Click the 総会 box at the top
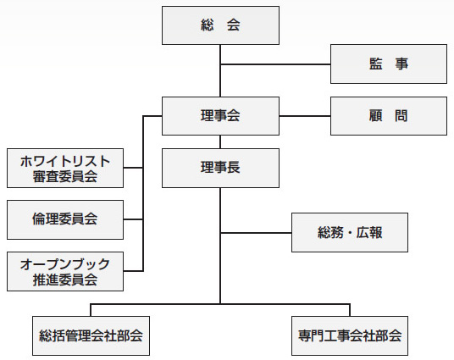click(x=220, y=25)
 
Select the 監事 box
click(x=389, y=64)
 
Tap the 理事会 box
click(x=220, y=116)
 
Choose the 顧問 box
click(x=389, y=116)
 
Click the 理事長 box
click(x=220, y=168)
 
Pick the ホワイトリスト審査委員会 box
click(x=65, y=168)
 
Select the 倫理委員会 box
click(x=65, y=219)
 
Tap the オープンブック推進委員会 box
click(x=65, y=271)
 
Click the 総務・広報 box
click(x=350, y=233)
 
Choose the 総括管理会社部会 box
click(x=91, y=335)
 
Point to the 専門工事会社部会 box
click(x=350, y=335)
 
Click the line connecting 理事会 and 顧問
click(x=305, y=116)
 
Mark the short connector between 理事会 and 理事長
click(x=220, y=142)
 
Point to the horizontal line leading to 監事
click(x=275, y=64)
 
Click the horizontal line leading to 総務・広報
click(x=256, y=233)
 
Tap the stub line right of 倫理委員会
click(x=133, y=219)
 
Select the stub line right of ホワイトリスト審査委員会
click(x=133, y=168)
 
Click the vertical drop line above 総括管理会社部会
click(x=91, y=310)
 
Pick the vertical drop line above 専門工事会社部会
click(x=350, y=310)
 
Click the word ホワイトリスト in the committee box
click(x=65, y=161)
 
